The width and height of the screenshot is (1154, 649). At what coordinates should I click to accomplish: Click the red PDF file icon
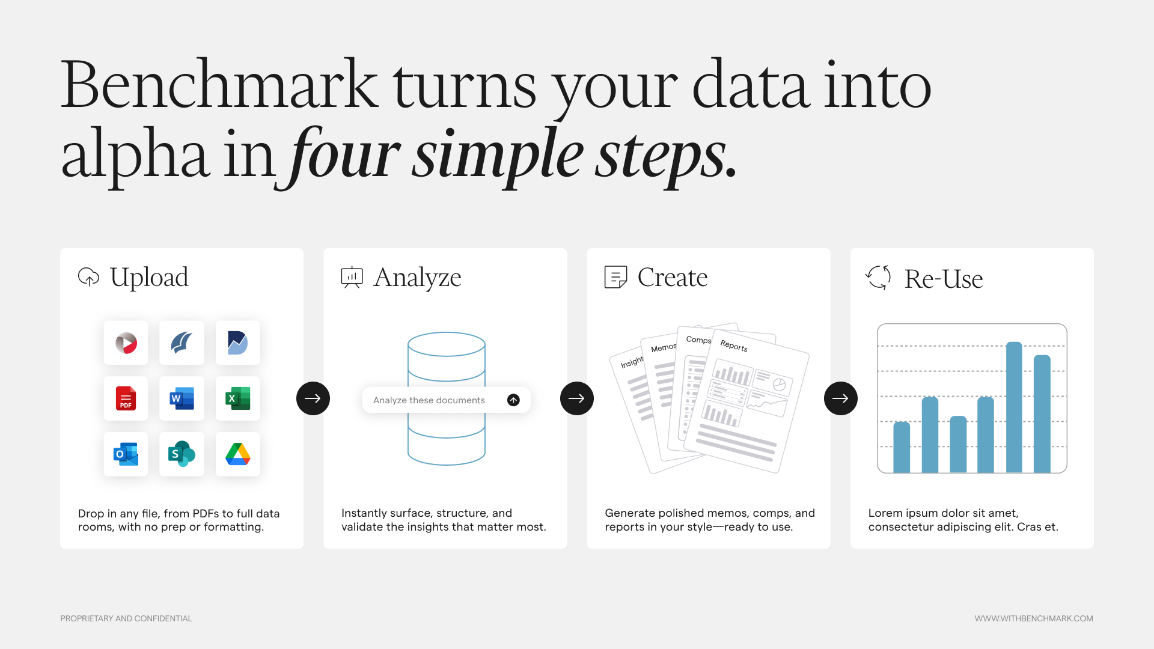coord(126,398)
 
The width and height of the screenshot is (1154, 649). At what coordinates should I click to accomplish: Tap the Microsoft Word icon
coord(182,398)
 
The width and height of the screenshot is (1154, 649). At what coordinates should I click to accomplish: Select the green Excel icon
coord(238,398)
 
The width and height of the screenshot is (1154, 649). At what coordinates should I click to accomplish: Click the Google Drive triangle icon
coord(238,454)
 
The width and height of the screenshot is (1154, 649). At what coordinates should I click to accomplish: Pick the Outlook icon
coord(126,454)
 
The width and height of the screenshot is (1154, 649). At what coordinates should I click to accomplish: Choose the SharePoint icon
coord(182,454)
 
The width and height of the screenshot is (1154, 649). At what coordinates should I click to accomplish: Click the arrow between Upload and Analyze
coord(313,398)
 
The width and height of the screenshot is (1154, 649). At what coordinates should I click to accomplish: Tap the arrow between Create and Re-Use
coord(841,398)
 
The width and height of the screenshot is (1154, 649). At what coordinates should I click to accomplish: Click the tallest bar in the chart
coord(1014,407)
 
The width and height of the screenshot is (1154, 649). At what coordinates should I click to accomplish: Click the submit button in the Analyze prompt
coord(513,400)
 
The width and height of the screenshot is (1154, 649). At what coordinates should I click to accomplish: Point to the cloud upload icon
coord(89,277)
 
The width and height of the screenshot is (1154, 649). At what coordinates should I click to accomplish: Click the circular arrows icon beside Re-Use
coord(878,278)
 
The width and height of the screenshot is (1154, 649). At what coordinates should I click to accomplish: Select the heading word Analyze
coord(417,278)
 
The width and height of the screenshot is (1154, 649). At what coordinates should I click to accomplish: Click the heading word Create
coord(673,278)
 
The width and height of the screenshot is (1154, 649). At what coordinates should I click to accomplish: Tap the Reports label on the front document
coord(734,346)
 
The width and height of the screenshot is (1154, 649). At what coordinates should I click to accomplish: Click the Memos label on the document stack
coord(664,348)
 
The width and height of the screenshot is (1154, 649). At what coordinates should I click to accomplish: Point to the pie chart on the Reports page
coord(780,385)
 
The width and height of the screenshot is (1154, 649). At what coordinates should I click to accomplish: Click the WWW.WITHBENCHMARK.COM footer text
coord(1034,618)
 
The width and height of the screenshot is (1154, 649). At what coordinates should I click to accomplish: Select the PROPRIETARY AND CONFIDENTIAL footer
coord(126,618)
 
